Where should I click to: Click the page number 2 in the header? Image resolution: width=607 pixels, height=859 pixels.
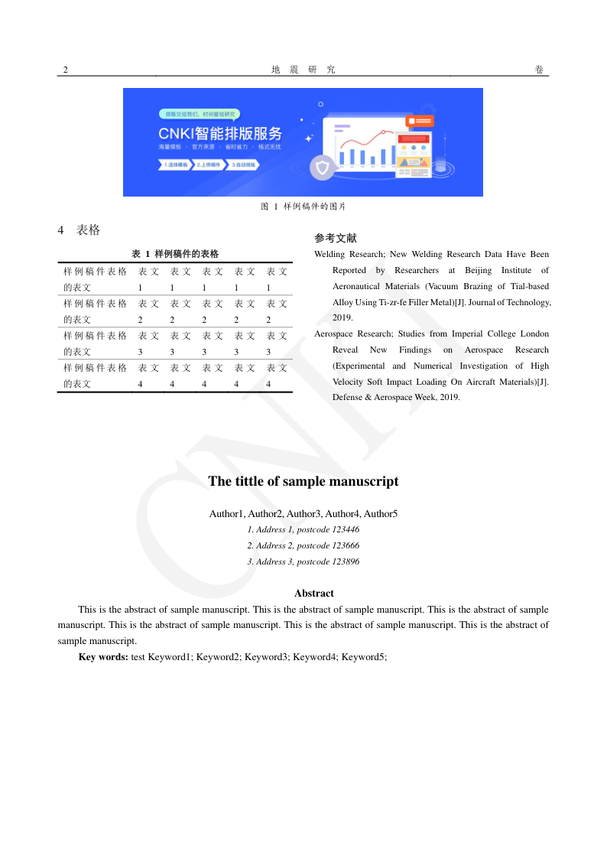coord(66,70)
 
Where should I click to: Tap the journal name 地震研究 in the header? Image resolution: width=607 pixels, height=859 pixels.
coord(303,70)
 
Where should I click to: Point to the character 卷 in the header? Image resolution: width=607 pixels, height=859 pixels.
coord(540,70)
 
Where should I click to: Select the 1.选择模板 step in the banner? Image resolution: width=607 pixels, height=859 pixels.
coord(176,164)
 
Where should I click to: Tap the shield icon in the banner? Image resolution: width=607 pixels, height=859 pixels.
coord(323,168)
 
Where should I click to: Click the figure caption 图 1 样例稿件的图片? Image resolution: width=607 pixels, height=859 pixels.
coord(303,207)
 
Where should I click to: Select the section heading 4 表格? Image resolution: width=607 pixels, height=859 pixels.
coord(79,230)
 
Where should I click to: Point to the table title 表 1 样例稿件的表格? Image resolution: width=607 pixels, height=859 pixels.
coord(175,254)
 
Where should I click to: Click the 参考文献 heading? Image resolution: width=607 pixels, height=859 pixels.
coord(336,239)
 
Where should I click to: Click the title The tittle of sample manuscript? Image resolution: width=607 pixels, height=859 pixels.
coord(303,481)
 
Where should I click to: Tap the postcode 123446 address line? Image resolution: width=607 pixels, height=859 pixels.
coord(303,529)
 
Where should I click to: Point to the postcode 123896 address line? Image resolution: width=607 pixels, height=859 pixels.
coord(303,561)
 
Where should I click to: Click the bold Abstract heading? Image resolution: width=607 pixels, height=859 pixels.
coord(314,593)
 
